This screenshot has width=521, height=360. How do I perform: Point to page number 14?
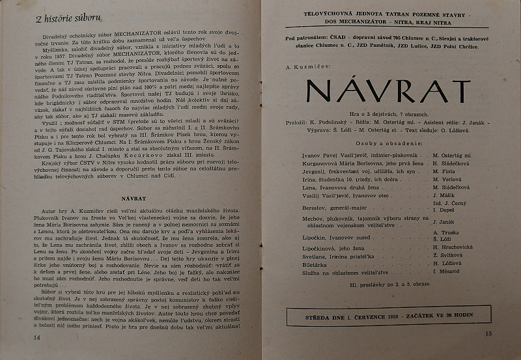click(x=37, y=337)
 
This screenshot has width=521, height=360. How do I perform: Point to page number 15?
click(x=489, y=333)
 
